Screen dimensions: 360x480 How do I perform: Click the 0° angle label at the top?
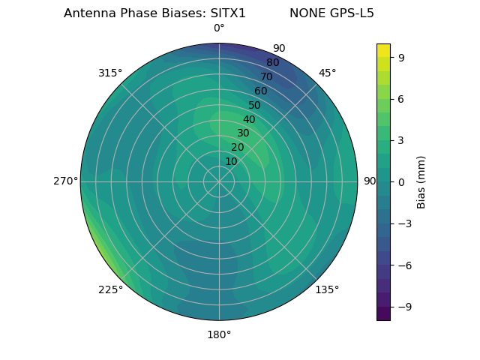click(x=219, y=28)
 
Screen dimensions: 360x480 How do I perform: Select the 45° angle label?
click(x=327, y=73)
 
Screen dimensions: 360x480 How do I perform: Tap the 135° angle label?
click(x=327, y=289)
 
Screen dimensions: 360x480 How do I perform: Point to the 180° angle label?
click(x=219, y=334)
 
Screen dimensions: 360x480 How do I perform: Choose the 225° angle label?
click(x=110, y=289)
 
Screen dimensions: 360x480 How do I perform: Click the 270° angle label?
click(x=65, y=181)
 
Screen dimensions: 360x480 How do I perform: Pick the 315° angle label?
click(x=110, y=73)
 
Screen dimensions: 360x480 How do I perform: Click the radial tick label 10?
click(x=231, y=161)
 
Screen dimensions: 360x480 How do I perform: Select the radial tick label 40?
click(x=249, y=119)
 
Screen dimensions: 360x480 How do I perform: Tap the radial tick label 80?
click(x=272, y=62)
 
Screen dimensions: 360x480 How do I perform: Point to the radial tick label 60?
click(x=260, y=91)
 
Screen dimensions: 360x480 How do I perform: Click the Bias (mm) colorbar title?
click(x=421, y=182)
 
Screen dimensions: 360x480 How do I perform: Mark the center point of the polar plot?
click(x=219, y=181)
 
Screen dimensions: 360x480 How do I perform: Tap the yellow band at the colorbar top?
click(x=383, y=50)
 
